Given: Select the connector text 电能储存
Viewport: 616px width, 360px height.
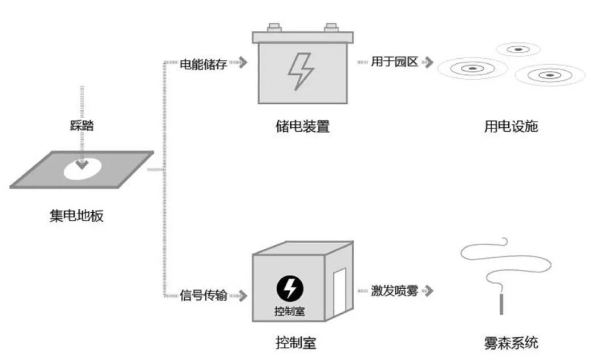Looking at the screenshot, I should point(204,64).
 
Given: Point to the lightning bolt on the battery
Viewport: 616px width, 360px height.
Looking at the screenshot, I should point(300,72).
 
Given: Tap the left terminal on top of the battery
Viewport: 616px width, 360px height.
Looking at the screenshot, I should point(273,27).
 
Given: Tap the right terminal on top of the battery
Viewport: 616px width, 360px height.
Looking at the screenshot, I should point(331,27).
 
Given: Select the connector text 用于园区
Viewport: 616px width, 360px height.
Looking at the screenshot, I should point(394,62).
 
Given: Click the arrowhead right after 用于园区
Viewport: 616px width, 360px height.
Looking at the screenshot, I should point(429,62).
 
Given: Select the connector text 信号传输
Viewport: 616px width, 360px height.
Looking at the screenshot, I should point(204,296).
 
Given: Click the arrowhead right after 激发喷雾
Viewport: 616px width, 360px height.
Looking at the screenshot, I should point(429,291).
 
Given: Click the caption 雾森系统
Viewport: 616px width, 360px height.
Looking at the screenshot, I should point(510,343).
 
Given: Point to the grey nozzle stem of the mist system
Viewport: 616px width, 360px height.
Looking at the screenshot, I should point(501,304).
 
